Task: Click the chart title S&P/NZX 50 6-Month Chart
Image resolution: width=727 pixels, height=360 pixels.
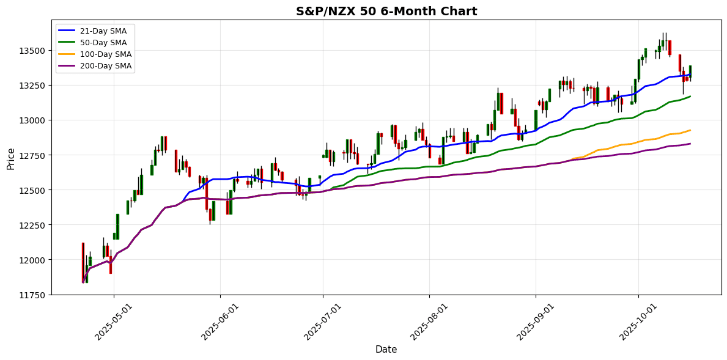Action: tap(386, 11)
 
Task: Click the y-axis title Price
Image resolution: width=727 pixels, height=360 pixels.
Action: tap(11, 158)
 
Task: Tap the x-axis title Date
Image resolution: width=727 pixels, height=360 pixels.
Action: tap(386, 350)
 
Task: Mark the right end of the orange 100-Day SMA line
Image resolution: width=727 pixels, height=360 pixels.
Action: tap(690, 130)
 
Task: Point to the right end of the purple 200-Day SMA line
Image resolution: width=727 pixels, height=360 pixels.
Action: tap(690, 144)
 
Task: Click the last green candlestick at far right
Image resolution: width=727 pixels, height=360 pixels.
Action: tap(690, 72)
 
